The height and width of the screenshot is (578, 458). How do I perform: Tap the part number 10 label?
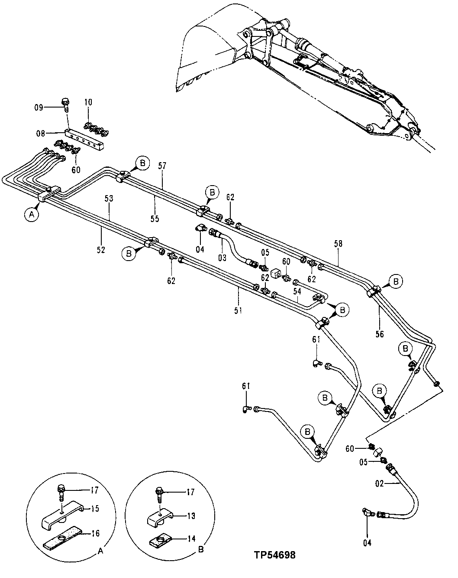(x=88, y=102)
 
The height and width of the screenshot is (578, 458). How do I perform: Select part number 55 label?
(x=155, y=219)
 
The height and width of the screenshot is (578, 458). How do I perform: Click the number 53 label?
(x=109, y=198)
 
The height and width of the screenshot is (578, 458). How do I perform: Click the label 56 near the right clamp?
(x=379, y=334)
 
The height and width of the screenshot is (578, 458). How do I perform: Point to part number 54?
(x=297, y=292)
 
